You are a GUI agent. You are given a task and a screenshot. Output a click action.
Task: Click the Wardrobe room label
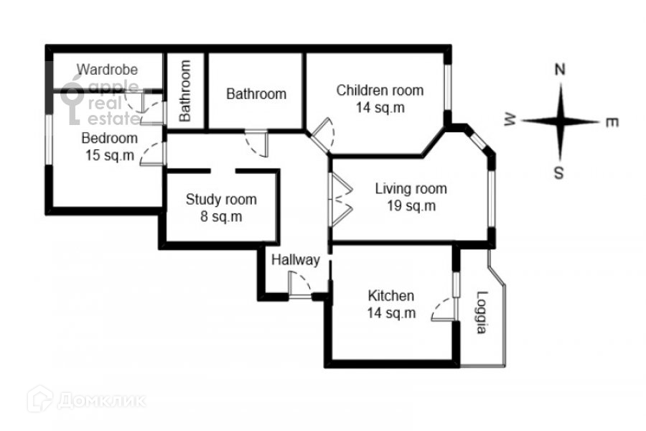click(108, 70)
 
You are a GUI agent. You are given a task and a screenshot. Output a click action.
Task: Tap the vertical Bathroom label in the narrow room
click(185, 90)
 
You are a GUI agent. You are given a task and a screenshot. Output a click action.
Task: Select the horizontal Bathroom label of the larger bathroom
click(256, 93)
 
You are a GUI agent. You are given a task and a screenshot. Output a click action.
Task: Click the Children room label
click(380, 91)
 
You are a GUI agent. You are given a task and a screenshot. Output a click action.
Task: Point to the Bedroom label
click(109, 138)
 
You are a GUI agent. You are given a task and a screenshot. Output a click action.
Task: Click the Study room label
click(220, 200)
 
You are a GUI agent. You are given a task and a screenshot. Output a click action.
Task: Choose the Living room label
click(411, 189)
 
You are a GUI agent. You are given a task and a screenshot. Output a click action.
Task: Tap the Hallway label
click(295, 260)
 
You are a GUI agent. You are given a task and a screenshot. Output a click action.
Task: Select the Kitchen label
click(391, 295)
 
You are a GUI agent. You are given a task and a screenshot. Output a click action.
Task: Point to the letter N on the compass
click(561, 70)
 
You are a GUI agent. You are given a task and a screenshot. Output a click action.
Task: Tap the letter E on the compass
click(612, 123)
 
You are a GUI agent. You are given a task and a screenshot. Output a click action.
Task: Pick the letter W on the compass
click(511, 121)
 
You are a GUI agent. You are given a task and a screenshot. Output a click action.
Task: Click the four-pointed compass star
click(561, 121)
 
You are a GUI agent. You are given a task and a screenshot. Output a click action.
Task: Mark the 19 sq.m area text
click(411, 206)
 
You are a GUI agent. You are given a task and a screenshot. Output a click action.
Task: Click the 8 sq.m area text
click(220, 216)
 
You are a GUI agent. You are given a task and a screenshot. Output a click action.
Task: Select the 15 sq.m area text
click(109, 155)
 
